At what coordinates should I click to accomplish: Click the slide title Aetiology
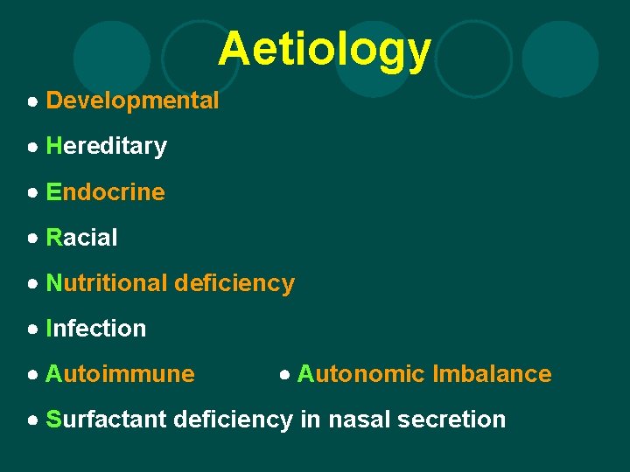[325, 50]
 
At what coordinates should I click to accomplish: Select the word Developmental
[132, 101]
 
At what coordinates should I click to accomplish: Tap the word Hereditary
[106, 146]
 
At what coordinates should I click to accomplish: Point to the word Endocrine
[105, 191]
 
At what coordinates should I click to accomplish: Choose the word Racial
[81, 237]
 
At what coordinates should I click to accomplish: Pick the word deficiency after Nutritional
[234, 283]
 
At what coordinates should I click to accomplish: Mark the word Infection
[96, 329]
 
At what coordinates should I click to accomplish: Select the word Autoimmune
[120, 374]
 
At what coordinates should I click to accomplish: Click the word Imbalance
[491, 374]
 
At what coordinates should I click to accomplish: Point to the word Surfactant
[106, 420]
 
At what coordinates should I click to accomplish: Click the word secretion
[451, 420]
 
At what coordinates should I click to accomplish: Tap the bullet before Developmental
[32, 101]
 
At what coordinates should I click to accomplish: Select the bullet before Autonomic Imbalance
[284, 375]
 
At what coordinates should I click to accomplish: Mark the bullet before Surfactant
[32, 420]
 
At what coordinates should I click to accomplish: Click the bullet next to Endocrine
[32, 192]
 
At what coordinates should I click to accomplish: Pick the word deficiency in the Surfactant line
[233, 420]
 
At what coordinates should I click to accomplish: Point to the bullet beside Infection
[32, 330]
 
